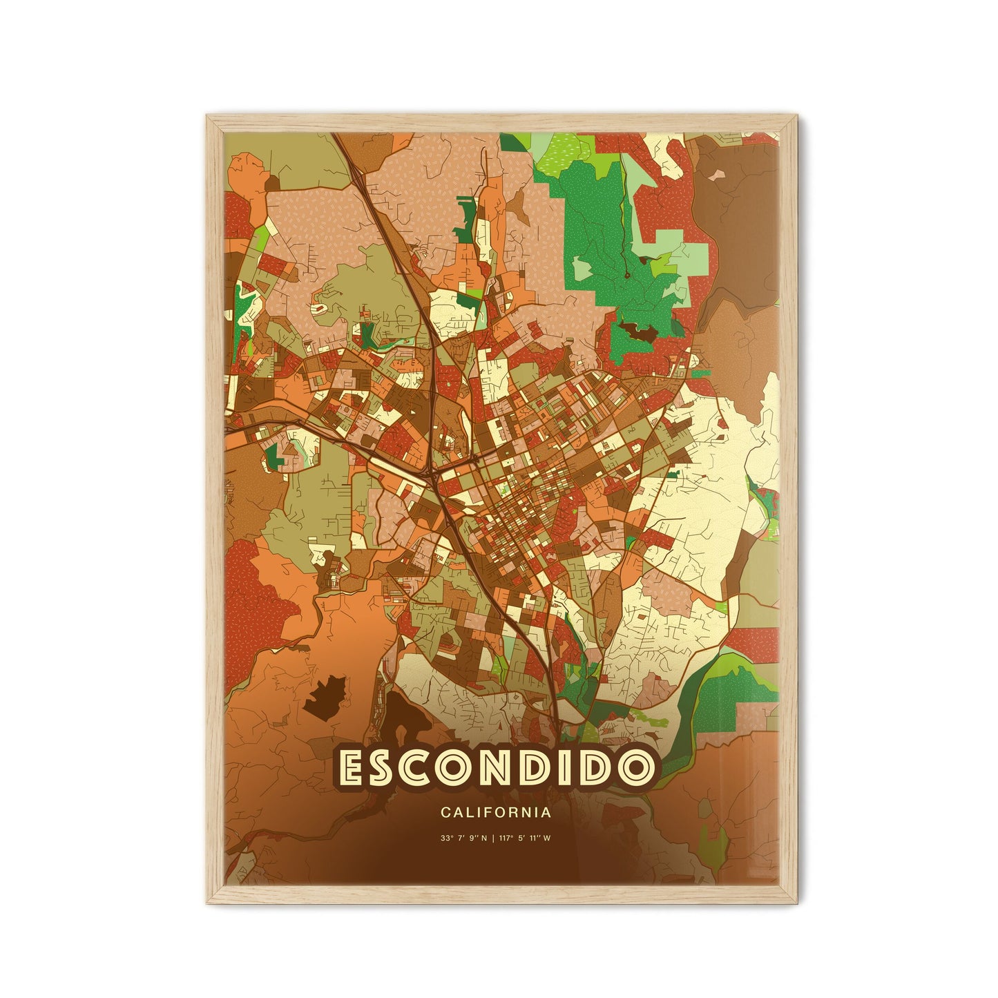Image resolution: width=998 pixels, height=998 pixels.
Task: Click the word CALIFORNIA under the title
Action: (495, 813)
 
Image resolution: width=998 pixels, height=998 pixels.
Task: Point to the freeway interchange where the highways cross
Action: (434, 474)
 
